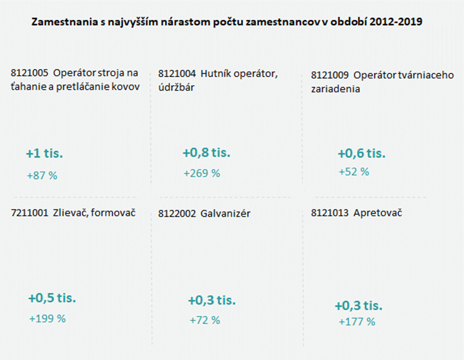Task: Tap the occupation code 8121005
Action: [x=29, y=74]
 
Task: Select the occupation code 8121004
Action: [x=177, y=74]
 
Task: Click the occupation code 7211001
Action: [x=29, y=213]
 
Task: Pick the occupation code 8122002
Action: [x=177, y=214]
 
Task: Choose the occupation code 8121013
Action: [x=330, y=213]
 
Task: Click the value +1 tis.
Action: [x=45, y=154]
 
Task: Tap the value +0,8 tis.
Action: [x=206, y=153]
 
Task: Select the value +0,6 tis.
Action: [x=362, y=153]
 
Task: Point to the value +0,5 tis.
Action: [x=52, y=298]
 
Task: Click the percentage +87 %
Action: [x=42, y=175]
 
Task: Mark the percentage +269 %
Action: [x=202, y=174]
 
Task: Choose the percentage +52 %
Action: [x=354, y=172]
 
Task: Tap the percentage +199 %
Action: [x=47, y=319]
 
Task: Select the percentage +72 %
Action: [x=205, y=321]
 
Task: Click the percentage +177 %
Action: [x=357, y=322]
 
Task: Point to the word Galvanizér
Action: [x=225, y=214]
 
